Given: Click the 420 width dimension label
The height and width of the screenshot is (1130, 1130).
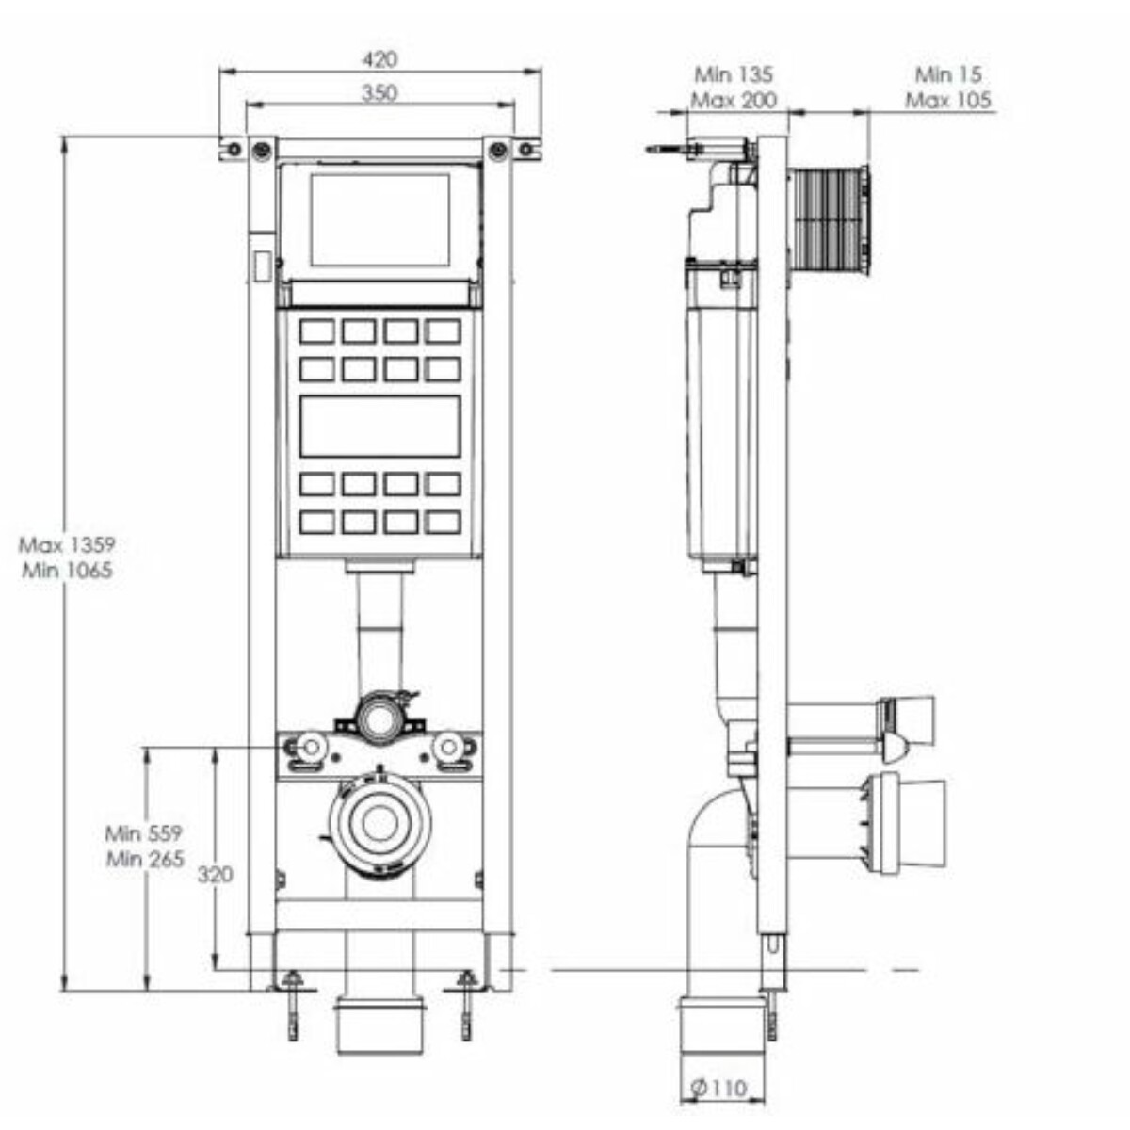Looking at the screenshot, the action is point(379,59).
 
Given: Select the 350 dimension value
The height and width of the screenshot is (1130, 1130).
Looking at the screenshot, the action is point(379,93).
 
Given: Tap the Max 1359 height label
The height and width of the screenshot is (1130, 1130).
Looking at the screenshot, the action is point(68,545).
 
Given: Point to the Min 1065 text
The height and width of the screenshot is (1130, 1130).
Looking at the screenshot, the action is point(68,570).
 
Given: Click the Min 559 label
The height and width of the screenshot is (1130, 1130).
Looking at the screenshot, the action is point(144,833).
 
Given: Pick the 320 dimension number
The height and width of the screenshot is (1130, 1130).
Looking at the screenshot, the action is point(216,874).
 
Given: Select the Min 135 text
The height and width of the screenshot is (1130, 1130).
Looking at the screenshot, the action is point(734,74).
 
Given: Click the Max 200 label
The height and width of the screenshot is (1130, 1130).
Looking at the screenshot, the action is point(734,100).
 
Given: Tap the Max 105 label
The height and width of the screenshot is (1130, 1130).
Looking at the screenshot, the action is point(948,100).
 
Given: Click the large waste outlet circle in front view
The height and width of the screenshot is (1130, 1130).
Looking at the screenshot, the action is point(380,823).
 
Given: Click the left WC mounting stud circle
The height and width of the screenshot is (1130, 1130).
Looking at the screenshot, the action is point(312,747).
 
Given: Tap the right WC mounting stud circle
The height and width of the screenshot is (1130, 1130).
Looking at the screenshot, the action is point(448,747).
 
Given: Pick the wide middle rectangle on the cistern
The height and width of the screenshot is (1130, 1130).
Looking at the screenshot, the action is point(380,427).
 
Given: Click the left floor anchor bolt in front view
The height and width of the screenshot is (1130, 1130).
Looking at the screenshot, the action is point(292,1007).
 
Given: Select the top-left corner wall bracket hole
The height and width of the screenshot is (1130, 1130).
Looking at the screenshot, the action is point(234,149).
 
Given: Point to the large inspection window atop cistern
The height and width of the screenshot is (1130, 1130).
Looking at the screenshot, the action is point(380,219).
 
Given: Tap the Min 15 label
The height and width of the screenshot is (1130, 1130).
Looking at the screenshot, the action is point(948,74).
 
